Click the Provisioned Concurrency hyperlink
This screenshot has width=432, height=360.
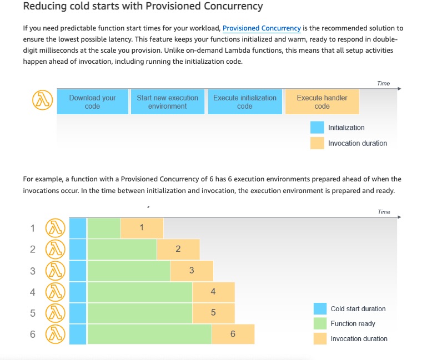262,28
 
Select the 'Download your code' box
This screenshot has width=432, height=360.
93,102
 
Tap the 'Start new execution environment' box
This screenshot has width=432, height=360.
168,102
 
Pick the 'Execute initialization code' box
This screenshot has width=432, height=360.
245,102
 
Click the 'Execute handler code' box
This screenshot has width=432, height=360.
322,102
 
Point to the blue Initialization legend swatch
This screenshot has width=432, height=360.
317,128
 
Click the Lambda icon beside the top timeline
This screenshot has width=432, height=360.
42,100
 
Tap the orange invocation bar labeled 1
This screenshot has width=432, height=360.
142,228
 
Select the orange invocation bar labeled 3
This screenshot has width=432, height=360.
192,271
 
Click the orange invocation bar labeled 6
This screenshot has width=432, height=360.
233,334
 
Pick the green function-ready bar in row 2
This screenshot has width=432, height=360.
122,250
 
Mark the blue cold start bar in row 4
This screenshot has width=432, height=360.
78,292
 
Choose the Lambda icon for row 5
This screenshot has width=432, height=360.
56,313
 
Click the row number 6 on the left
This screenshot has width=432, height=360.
33,334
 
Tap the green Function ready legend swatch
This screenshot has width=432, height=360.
320,324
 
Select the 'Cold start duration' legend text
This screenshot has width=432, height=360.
358,309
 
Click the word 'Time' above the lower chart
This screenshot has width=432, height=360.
384,212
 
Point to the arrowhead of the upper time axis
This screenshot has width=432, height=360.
399,89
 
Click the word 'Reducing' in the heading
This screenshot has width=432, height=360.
45,6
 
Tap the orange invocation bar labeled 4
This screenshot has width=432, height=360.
214,292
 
